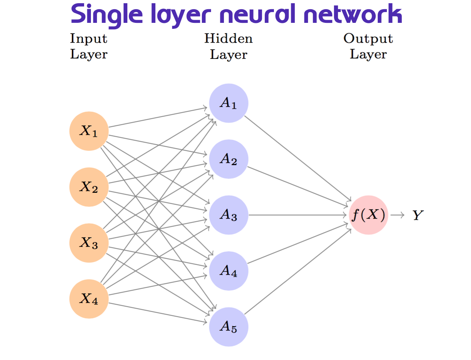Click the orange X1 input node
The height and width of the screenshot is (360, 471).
pos(89,131)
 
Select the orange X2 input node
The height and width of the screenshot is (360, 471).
pos(89,187)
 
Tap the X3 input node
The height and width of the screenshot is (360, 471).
pos(89,243)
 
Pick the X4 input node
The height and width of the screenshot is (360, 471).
pos(89,299)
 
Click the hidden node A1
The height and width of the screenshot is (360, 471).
pos(229,103)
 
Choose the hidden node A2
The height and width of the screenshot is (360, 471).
pos(229,159)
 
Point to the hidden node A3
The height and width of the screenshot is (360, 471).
pos(229,215)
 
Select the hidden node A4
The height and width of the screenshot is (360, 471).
pos(229,271)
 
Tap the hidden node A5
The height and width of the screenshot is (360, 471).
pos(229,327)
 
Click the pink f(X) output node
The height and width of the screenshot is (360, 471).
pos(368,215)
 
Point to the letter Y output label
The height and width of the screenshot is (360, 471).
pos(418,216)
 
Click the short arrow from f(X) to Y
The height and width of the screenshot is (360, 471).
pos(397,215)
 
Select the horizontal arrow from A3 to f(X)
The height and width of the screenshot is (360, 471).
pos(298,215)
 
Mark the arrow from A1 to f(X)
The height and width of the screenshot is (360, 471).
pos(298,158)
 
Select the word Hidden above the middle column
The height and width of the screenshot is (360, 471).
pos(229,38)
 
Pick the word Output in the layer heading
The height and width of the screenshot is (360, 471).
pos(368,38)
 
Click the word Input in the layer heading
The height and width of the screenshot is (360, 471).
pos(89,38)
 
